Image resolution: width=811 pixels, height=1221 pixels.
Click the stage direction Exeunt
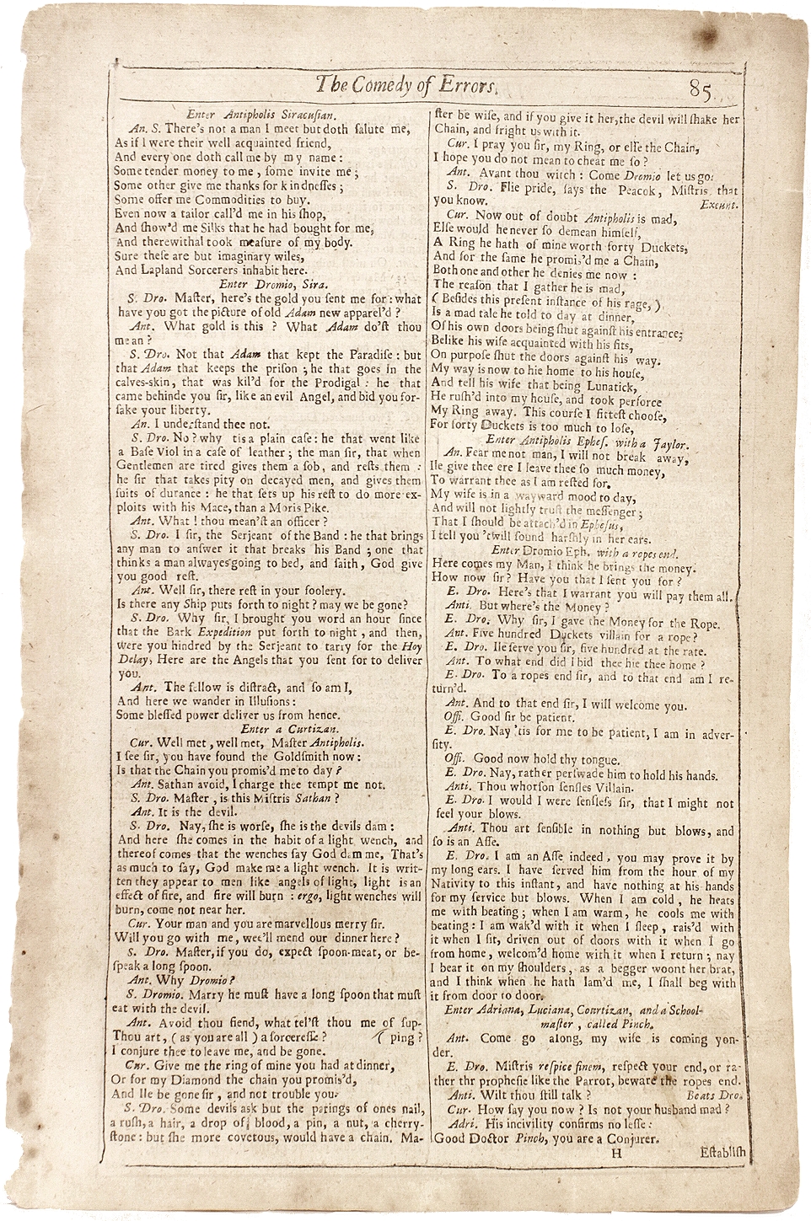720,203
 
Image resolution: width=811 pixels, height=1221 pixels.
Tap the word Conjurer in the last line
623,1138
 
